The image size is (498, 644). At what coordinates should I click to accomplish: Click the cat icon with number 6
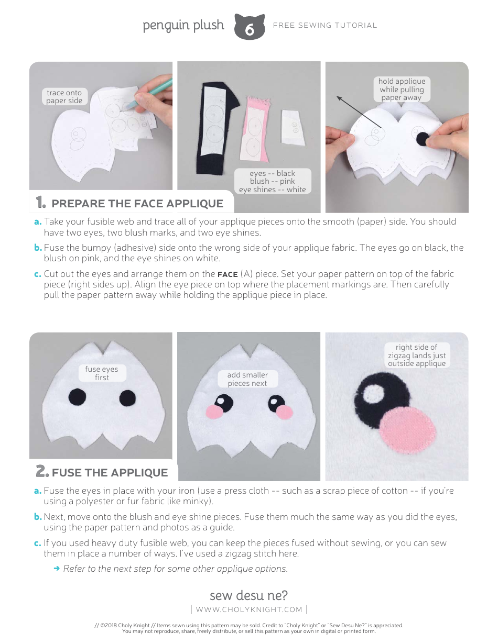click(250, 28)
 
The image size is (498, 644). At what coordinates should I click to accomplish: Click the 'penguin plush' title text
click(183, 26)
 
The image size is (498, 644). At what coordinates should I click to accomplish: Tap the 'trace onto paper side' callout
click(64, 97)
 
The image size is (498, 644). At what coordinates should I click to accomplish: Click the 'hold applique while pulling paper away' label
click(402, 89)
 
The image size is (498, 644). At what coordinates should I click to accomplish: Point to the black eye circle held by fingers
click(423, 139)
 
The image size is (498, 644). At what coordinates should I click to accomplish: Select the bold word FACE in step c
click(228, 274)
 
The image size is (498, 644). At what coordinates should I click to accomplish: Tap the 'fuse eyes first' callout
click(102, 373)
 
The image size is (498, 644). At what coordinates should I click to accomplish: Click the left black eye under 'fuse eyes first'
click(78, 397)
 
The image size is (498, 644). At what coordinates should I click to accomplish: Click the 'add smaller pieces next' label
click(247, 379)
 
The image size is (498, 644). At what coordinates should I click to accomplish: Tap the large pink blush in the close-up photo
click(408, 432)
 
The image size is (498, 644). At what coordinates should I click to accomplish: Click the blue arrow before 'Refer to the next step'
click(57, 569)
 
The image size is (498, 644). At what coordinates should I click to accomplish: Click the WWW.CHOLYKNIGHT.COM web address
click(249, 609)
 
